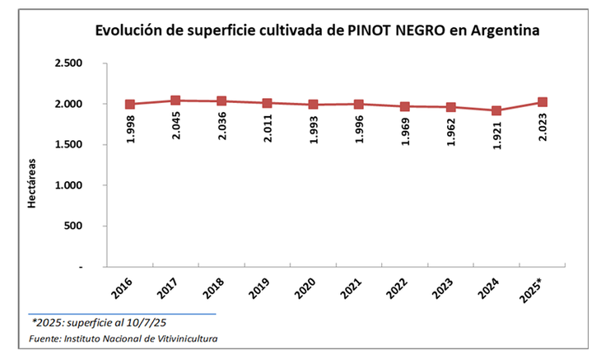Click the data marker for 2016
[x=130, y=105]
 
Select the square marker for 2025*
[x=542, y=102]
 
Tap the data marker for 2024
[x=496, y=110]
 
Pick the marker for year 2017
[x=175, y=101]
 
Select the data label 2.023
[x=542, y=127]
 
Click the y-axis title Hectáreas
[x=33, y=184]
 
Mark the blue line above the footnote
[x=123, y=313]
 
